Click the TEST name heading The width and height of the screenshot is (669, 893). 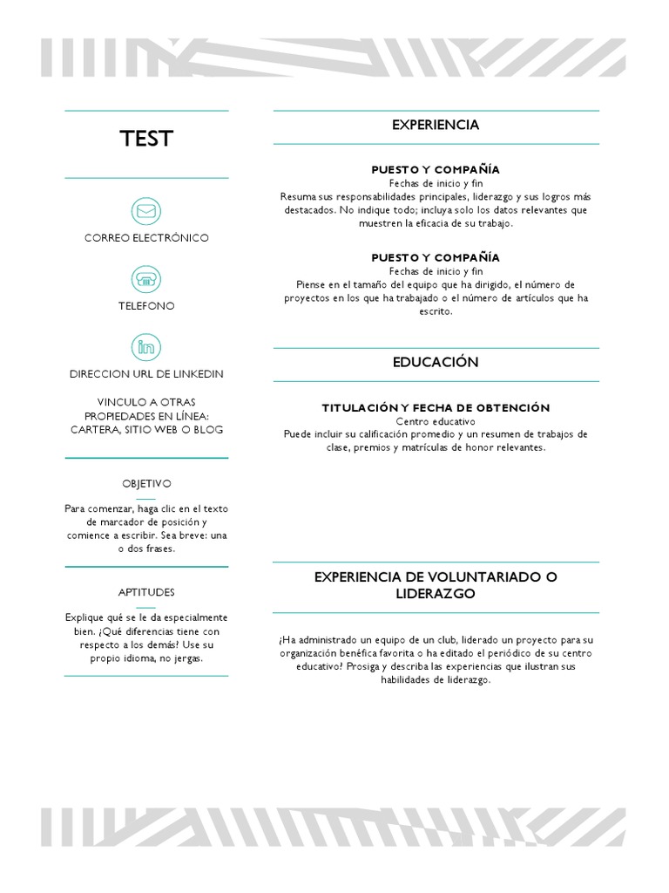click(146, 139)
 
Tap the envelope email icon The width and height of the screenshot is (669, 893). click(146, 211)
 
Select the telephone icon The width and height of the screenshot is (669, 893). click(146, 279)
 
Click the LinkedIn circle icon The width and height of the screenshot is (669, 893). click(146, 347)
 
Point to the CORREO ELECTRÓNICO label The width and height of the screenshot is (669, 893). click(146, 238)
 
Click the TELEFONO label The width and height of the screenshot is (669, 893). click(146, 306)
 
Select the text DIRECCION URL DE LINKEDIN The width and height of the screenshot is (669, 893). click(146, 374)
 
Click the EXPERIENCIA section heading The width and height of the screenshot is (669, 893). click(436, 126)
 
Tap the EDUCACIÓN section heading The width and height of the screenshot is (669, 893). click(436, 363)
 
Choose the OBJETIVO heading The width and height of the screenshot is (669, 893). click(146, 483)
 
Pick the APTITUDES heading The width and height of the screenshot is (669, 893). click(146, 592)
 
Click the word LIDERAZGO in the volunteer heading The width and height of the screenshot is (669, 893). click(436, 594)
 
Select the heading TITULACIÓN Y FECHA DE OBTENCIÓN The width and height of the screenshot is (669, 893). click(436, 408)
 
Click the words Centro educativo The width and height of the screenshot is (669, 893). click(436, 421)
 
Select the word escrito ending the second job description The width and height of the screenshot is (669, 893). click(436, 311)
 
